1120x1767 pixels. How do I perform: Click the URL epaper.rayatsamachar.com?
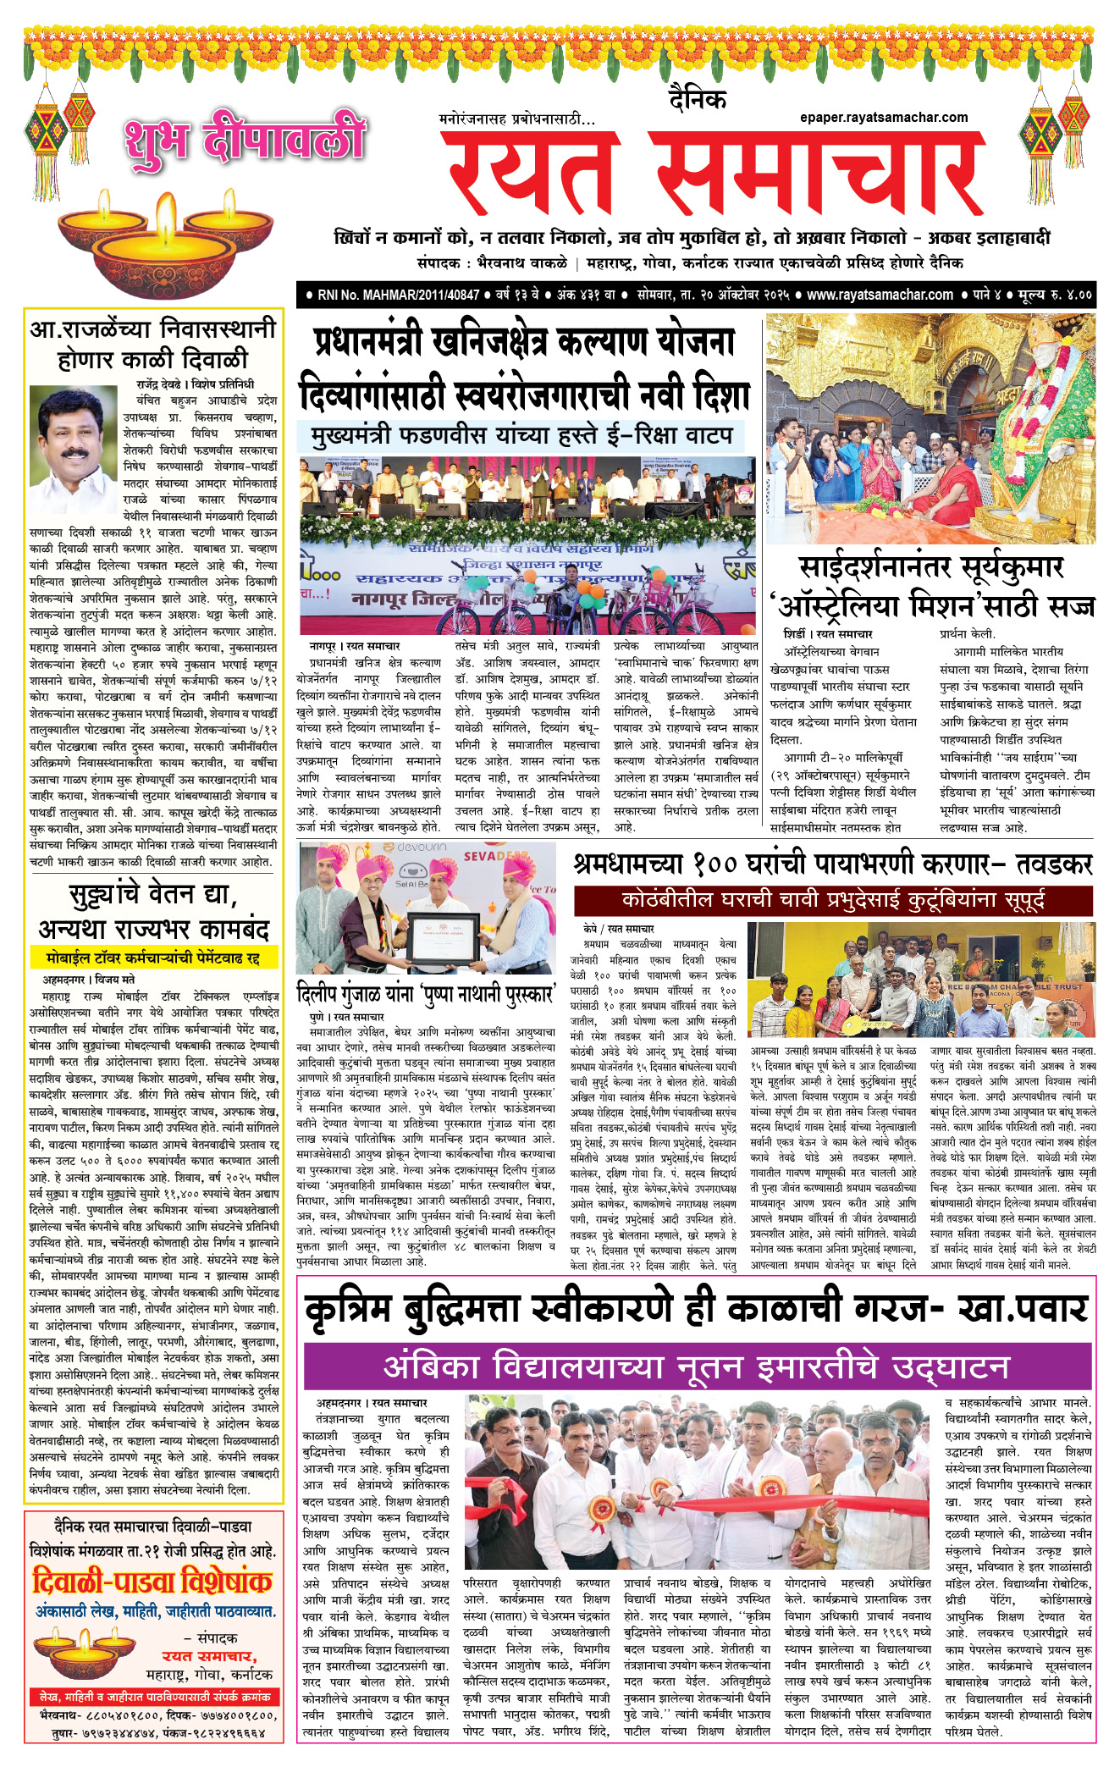click(883, 118)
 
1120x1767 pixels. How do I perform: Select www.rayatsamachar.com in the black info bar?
click(879, 295)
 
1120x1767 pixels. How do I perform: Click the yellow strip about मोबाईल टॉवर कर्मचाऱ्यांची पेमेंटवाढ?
click(153, 958)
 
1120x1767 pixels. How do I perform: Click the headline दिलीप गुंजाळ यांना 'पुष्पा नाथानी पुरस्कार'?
click(427, 992)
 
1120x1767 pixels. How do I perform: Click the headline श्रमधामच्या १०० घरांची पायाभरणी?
click(833, 864)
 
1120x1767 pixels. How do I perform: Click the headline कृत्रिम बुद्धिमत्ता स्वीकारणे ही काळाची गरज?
click(696, 1309)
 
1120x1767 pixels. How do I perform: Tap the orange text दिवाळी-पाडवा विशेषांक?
click(152, 1582)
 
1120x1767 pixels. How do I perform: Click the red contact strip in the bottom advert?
click(152, 1696)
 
